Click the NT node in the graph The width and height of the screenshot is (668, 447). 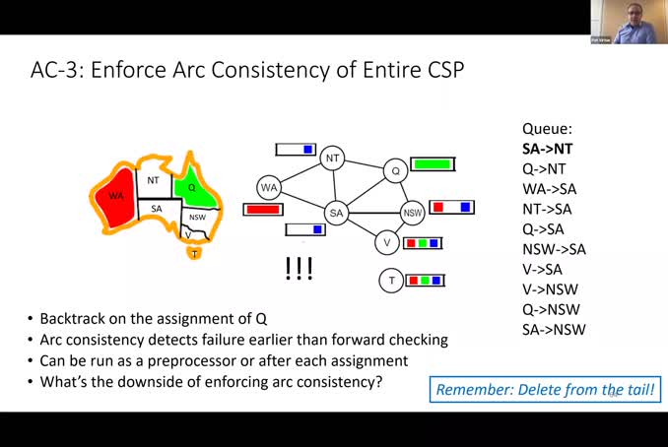[333, 158]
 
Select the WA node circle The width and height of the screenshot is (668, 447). [269, 187]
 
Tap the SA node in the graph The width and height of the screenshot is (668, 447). [337, 213]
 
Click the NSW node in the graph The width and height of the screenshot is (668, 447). [414, 213]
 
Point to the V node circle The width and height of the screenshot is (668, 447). [387, 242]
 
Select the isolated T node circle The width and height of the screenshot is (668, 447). [391, 281]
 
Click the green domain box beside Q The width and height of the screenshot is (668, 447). [432, 163]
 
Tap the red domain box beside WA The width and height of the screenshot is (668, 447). [263, 210]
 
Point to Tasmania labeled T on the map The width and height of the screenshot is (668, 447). [195, 254]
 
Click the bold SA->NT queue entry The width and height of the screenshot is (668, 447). [548, 149]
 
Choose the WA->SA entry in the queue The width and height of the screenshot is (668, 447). [547, 189]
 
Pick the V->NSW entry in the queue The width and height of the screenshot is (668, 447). [550, 289]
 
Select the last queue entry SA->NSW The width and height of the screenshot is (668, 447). [554, 329]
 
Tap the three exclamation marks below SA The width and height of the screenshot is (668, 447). [299, 269]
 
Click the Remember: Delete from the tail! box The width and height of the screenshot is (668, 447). [545, 389]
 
